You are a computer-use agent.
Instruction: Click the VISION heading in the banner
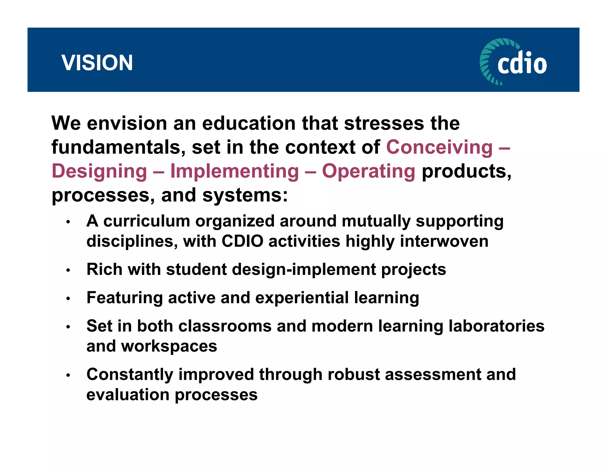(x=97, y=63)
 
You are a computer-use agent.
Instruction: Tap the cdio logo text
(x=522, y=63)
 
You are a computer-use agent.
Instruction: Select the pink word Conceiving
(x=439, y=147)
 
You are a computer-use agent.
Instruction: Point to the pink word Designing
(x=99, y=171)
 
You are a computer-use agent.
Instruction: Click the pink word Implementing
(x=234, y=171)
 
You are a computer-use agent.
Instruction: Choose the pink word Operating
(x=368, y=171)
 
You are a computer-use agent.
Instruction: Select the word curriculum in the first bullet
(x=146, y=221)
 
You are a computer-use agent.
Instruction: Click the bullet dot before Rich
(x=68, y=270)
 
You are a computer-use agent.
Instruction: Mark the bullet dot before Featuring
(x=68, y=299)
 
